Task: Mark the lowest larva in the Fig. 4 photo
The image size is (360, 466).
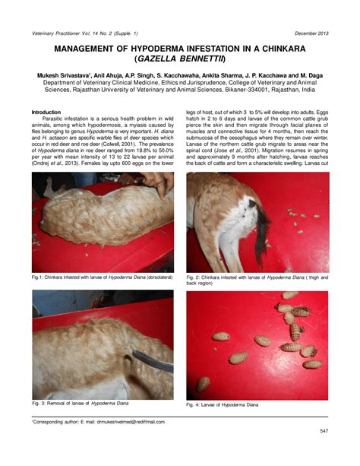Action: coord(311,364)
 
